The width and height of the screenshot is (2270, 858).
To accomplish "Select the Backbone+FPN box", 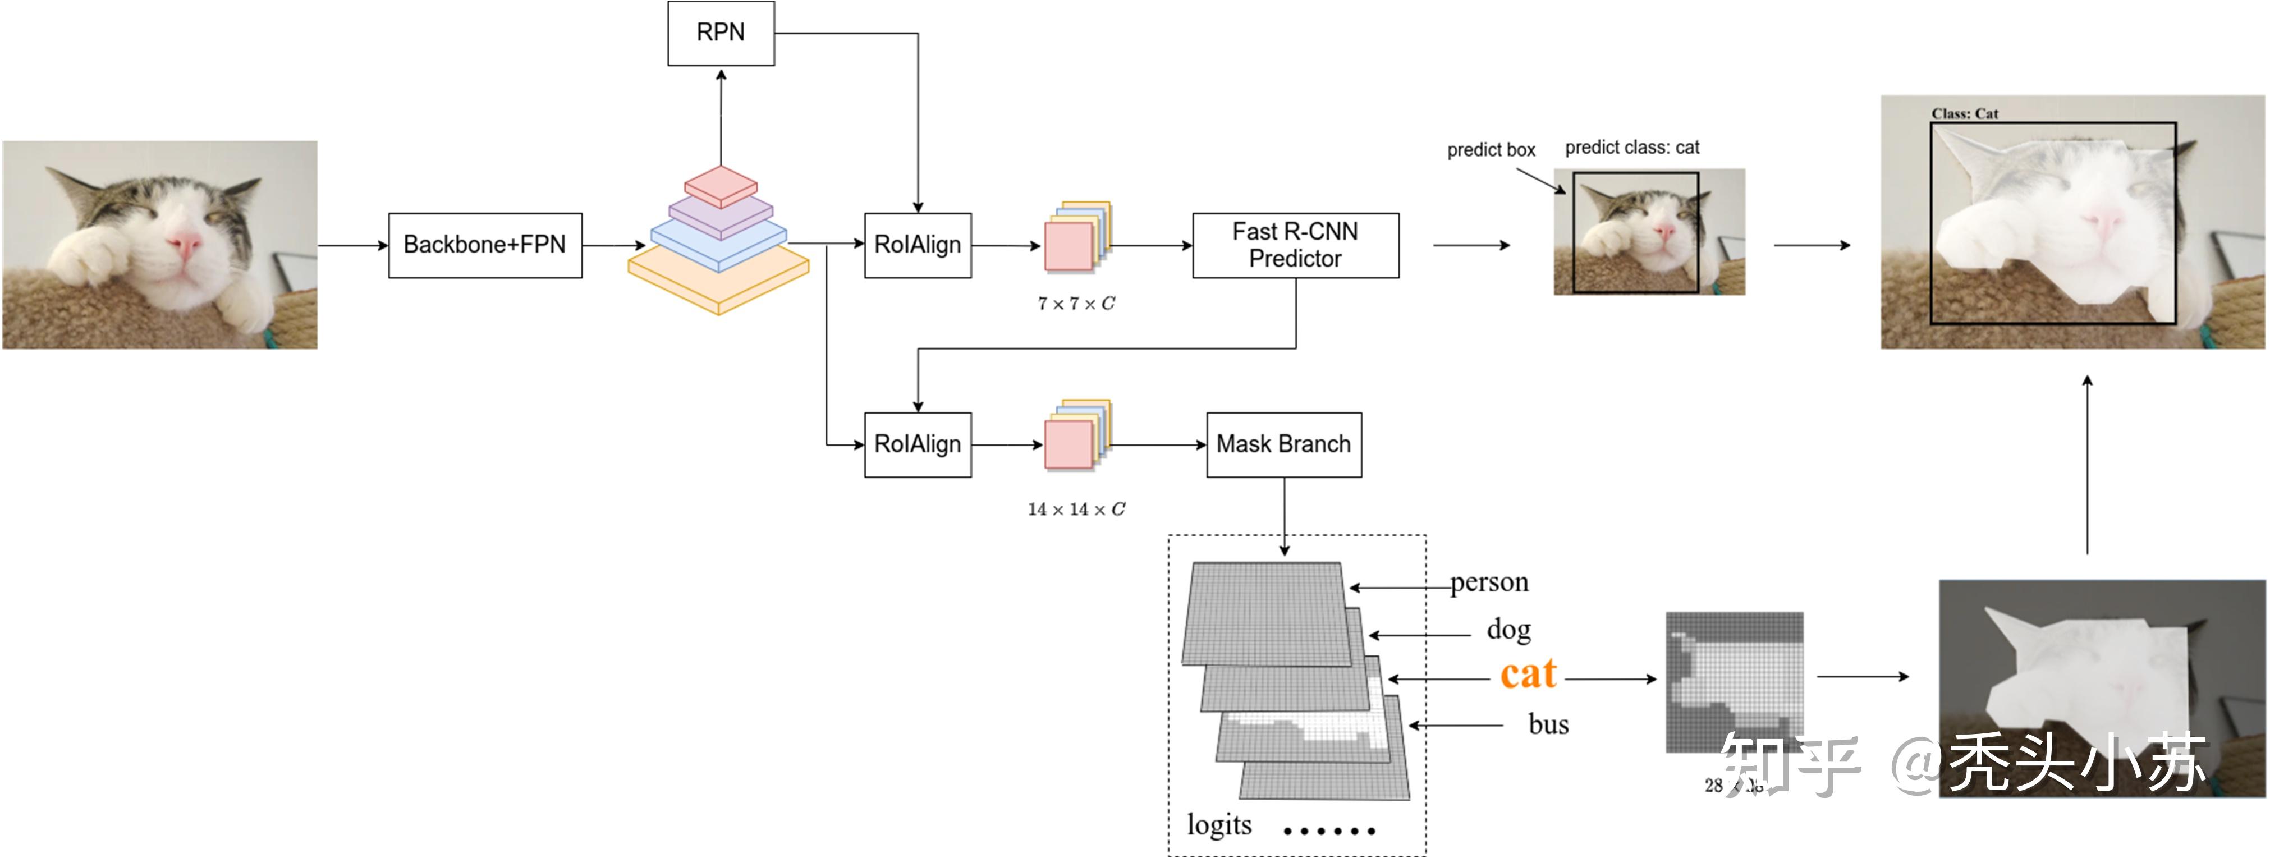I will [485, 245].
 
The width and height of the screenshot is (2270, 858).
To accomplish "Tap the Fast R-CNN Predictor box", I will [1295, 245].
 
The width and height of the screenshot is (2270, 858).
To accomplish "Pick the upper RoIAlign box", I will [918, 245].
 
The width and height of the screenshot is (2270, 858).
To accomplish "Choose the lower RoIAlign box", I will [918, 444].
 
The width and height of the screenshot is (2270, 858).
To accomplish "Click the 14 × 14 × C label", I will [1076, 509].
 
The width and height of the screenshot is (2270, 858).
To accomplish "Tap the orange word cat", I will [1528, 675].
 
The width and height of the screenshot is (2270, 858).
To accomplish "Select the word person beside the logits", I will [1489, 582].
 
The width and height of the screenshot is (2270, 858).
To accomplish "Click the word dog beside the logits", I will [1508, 630].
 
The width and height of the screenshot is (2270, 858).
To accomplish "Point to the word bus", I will [1548, 724].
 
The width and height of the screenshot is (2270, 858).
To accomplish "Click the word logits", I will [1219, 824].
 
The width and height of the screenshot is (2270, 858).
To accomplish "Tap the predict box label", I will [1491, 150].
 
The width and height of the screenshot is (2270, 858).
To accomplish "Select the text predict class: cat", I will [1632, 147].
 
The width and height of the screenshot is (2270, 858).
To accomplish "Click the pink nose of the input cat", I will [186, 242].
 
